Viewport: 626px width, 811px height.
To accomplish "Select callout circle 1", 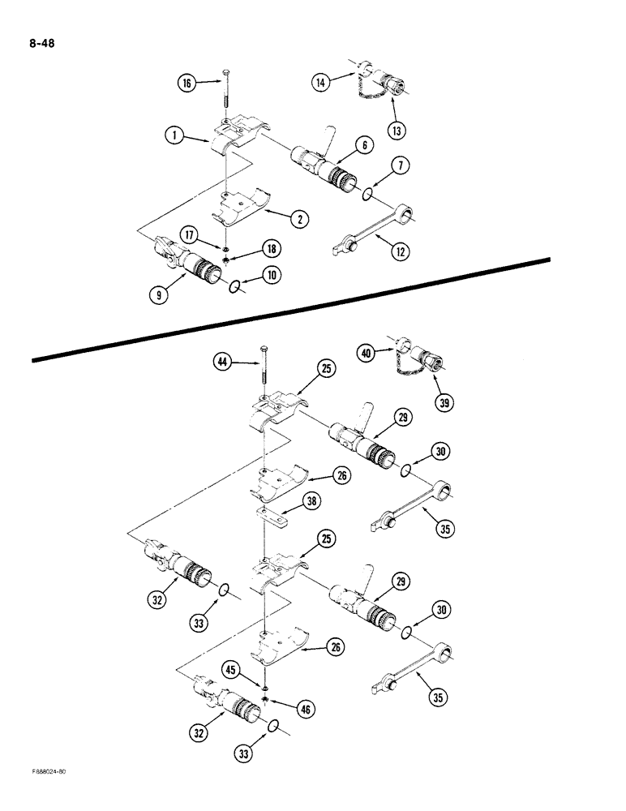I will (171, 137).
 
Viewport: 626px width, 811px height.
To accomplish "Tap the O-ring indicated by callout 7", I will (367, 194).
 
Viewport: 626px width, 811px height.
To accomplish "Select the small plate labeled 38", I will (271, 515).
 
